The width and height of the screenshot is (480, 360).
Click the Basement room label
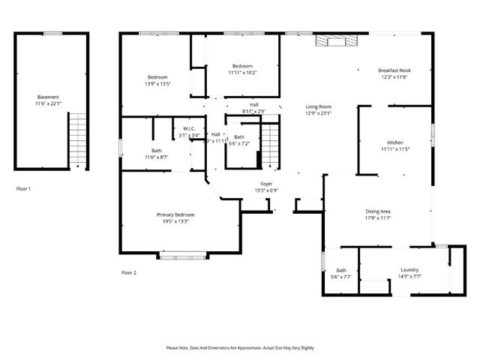(48, 97)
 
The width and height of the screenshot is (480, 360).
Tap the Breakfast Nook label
(394, 70)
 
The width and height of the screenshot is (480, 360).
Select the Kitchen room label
(395, 142)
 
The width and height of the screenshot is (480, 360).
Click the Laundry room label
(409, 270)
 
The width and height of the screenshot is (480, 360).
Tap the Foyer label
(266, 184)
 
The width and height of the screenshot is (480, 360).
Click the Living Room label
(319, 106)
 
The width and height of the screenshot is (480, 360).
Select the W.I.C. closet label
(189, 129)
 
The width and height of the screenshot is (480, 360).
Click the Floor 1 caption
(24, 189)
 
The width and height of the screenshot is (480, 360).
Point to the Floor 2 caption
(129, 272)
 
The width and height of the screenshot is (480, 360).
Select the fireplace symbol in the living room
(331, 40)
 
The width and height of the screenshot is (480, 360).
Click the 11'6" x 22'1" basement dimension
(48, 103)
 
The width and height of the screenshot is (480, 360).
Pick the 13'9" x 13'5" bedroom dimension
(157, 84)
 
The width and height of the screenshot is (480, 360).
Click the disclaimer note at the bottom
(240, 348)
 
